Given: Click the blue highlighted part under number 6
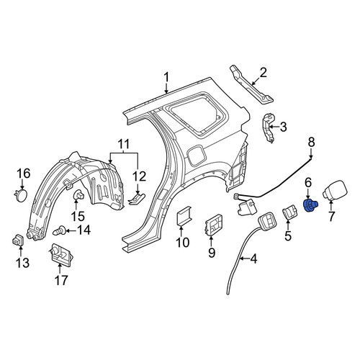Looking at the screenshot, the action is tap(310, 205).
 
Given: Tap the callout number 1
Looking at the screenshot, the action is tap(166, 78).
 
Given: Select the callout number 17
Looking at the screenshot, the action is tap(61, 280).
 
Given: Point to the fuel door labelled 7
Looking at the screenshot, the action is tap(335, 191).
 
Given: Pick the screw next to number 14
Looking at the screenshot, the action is tap(59, 231).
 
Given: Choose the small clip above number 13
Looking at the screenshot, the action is tap(18, 240).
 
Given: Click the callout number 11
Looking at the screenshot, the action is tap(124, 144).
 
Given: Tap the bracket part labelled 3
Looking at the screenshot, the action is tap(269, 127).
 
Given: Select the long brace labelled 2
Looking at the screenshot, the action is tap(252, 88).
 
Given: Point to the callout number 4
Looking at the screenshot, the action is tap(253, 258).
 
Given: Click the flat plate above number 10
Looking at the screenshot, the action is tap(184, 215).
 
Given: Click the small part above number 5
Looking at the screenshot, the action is tap(289, 211).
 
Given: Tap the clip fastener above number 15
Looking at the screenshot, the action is tap(78, 195).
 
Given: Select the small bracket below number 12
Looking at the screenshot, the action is tap(137, 199).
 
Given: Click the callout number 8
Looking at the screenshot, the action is tap(311, 143).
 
